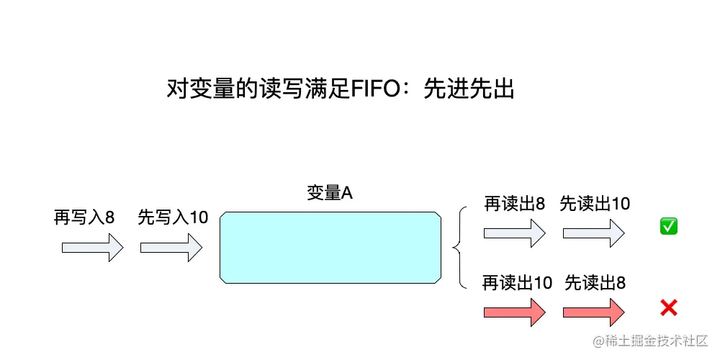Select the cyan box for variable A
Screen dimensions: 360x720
point(330,247)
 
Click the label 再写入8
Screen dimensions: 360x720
point(84,217)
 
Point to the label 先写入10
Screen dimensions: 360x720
point(173,217)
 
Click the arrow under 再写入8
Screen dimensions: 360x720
point(92,248)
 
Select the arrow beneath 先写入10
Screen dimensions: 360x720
point(171,248)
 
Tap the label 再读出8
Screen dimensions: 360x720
point(514,204)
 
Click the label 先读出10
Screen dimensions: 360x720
point(595,204)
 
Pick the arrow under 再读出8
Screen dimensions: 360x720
point(514,233)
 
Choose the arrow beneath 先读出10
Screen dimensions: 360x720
point(593,233)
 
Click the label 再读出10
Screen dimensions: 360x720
point(517,283)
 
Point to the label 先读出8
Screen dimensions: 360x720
point(595,283)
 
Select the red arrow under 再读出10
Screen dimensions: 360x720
point(514,312)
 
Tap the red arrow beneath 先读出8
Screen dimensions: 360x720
point(593,312)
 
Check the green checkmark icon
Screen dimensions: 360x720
point(668,227)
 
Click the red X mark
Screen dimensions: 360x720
point(668,309)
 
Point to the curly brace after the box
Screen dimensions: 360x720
point(458,248)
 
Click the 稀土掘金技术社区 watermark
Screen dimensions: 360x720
point(651,339)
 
